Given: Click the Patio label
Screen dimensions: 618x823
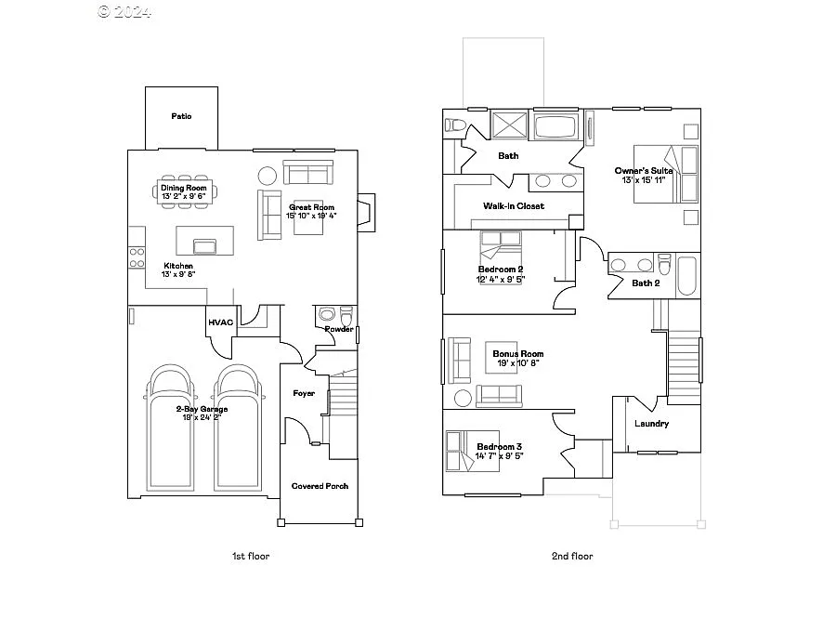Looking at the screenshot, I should tap(181, 117).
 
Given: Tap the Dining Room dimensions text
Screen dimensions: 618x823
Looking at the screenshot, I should tap(183, 197).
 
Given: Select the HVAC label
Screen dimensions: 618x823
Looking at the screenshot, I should tap(220, 322).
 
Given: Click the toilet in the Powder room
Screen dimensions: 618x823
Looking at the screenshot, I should tap(346, 315).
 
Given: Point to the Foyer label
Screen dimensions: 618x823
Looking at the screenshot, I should tap(304, 394).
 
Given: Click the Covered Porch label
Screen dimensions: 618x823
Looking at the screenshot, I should tap(320, 486).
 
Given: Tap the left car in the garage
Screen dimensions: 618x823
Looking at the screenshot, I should tap(170, 427).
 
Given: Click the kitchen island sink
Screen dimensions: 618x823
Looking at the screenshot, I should tap(204, 245).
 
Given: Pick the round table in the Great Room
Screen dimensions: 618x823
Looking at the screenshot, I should tap(268, 176).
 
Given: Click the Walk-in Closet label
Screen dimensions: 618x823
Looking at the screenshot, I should tap(514, 206).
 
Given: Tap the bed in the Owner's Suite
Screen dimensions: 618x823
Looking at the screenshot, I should tap(665, 174).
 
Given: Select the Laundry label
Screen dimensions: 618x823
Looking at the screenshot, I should tap(651, 425).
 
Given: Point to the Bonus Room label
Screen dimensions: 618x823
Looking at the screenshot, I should tap(517, 354).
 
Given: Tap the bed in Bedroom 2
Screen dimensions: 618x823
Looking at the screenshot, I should tap(501, 249).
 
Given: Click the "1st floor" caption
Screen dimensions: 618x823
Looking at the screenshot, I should tap(251, 556).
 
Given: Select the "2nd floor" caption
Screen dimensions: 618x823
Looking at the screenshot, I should tap(572, 556).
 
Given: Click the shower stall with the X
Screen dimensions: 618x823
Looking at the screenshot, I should tap(509, 125).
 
